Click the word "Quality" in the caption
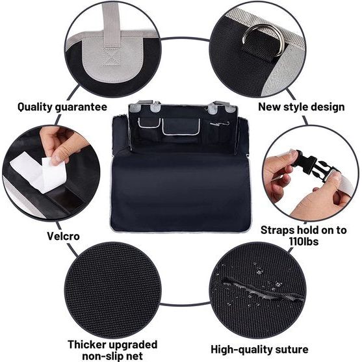35,107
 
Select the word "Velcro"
63,236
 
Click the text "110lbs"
304,242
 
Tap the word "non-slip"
101,356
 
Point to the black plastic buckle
314,168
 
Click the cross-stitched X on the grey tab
112,57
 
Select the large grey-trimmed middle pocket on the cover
181,126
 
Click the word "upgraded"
133,345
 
